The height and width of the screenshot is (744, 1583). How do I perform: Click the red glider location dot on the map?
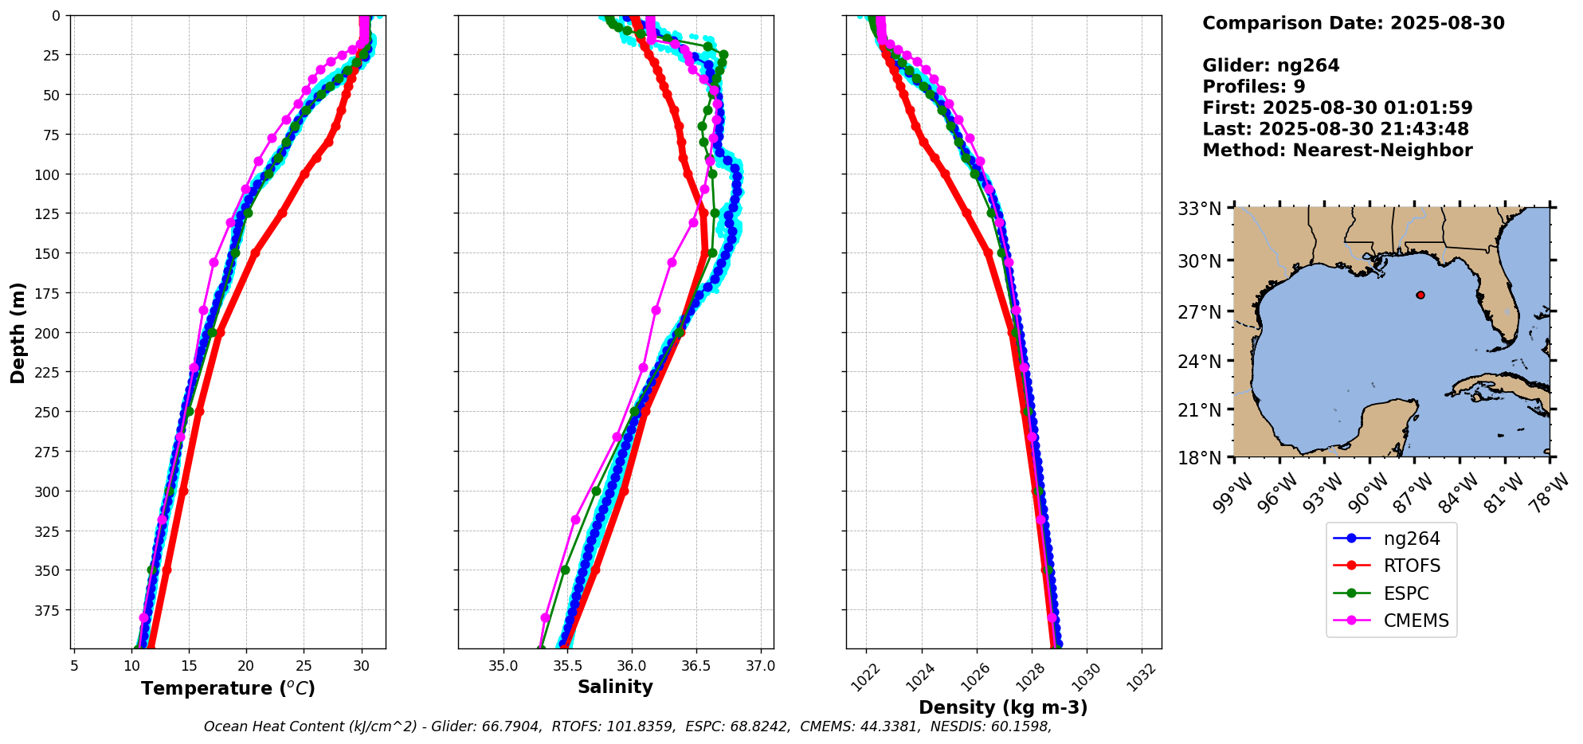pyautogui.click(x=1420, y=295)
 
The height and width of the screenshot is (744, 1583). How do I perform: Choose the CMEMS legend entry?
pyautogui.click(x=1416, y=621)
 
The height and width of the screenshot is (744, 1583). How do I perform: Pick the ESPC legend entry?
pyautogui.click(x=1406, y=594)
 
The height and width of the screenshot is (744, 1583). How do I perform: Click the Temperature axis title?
pyautogui.click(x=228, y=688)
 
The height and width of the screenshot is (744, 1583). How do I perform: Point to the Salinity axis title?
pyautogui.click(x=615, y=687)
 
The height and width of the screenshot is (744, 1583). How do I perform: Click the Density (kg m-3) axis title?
pyautogui.click(x=1003, y=707)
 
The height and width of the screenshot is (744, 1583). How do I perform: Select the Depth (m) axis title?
pyautogui.click(x=18, y=333)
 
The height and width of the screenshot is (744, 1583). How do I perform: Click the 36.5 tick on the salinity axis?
pyautogui.click(x=696, y=666)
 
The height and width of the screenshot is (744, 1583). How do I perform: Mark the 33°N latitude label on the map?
pyautogui.click(x=1200, y=209)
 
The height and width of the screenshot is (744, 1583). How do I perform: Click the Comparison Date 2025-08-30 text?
pyautogui.click(x=1353, y=23)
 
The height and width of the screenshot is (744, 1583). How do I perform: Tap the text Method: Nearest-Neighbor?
pyautogui.click(x=1337, y=151)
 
